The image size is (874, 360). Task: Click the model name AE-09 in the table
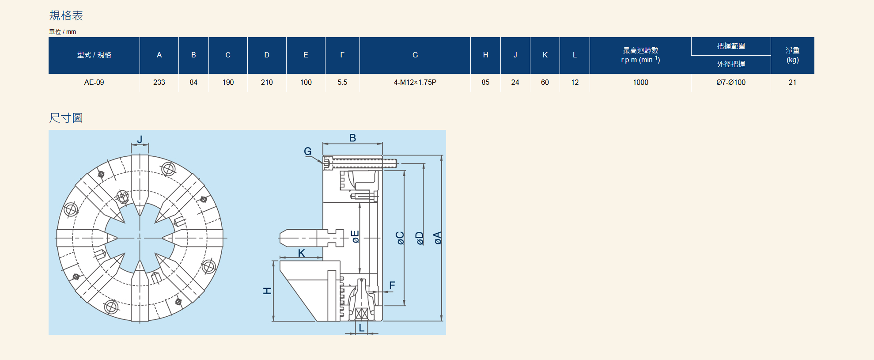click(x=94, y=82)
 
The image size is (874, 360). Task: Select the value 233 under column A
click(x=159, y=82)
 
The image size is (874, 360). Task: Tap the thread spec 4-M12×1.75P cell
click(x=415, y=82)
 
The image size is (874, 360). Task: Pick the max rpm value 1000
click(x=640, y=82)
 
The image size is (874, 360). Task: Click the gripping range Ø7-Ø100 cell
click(x=731, y=82)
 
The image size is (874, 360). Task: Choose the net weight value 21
click(x=792, y=82)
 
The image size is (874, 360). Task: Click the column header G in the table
click(x=415, y=55)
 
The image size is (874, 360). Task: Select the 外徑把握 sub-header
click(x=731, y=64)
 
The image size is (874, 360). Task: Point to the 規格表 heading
click(x=66, y=15)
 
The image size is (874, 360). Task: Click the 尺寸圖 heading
click(x=66, y=118)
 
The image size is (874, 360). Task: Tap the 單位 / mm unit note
click(x=62, y=32)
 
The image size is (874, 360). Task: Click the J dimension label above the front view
click(x=140, y=140)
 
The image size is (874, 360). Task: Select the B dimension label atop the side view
click(x=352, y=138)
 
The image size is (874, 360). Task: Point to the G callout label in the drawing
click(x=308, y=152)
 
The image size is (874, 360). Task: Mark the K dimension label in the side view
click(x=302, y=253)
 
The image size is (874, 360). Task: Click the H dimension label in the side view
click(x=267, y=291)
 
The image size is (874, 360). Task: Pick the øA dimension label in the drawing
click(x=437, y=238)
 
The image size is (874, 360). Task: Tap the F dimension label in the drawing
click(x=392, y=285)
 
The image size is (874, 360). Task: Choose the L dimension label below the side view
click(x=362, y=328)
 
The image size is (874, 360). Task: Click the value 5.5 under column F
click(x=342, y=82)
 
